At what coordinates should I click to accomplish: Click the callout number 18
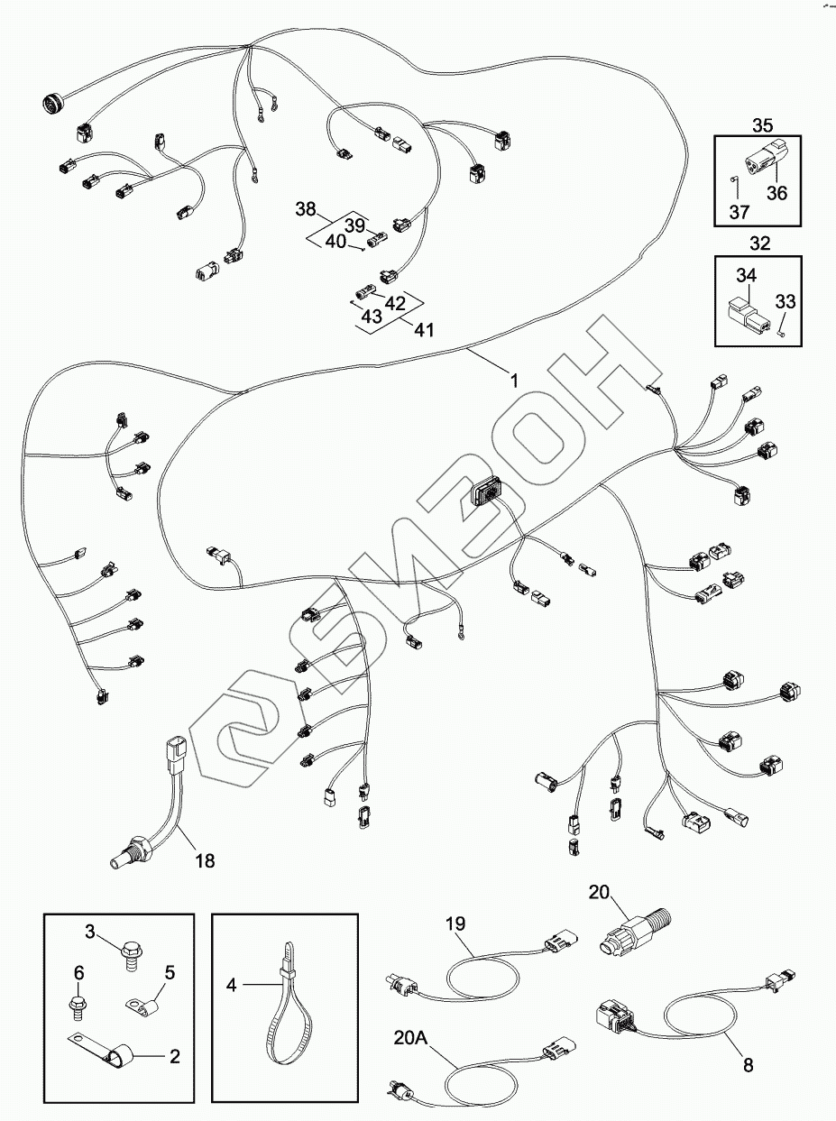(x=205, y=860)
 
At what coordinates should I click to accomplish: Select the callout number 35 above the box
(x=763, y=125)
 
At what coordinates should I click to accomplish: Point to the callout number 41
(x=425, y=330)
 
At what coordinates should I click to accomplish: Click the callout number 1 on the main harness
(x=515, y=381)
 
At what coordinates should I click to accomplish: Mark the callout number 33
(x=785, y=301)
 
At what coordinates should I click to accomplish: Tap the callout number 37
(x=739, y=211)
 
